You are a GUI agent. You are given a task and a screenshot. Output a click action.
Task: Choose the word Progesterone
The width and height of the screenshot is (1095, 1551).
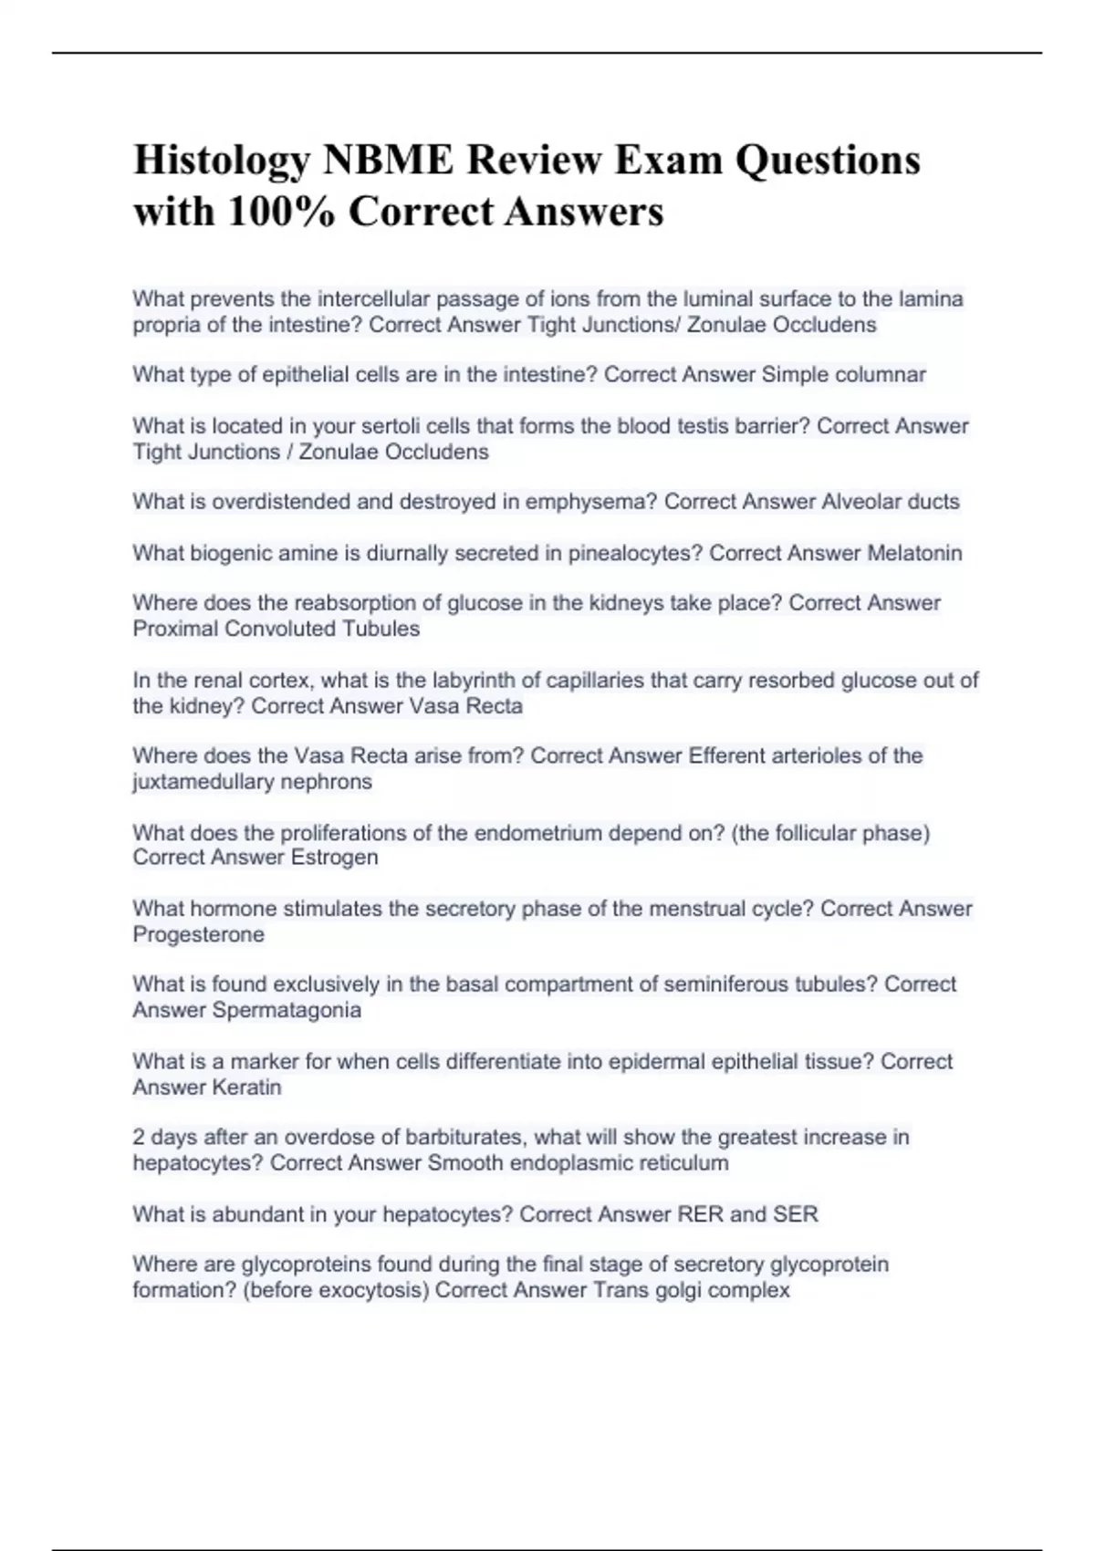(x=199, y=934)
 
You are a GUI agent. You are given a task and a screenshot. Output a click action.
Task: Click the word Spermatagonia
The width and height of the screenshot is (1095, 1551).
(x=287, y=1010)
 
